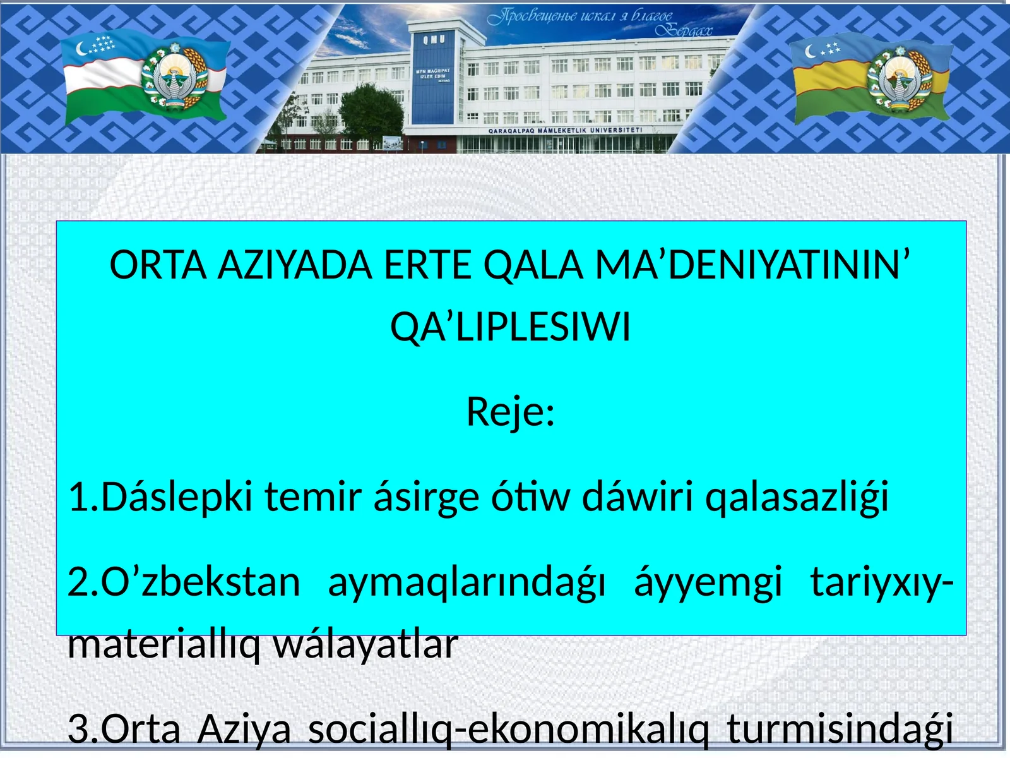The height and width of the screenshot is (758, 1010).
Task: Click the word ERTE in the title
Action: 427,265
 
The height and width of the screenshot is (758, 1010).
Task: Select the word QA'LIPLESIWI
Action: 511,328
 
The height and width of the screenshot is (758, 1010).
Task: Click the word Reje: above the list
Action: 511,412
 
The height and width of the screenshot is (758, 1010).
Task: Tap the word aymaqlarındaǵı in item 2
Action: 466,582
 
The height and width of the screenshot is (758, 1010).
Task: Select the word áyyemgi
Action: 708,582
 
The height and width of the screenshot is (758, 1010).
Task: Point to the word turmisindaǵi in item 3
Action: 840,729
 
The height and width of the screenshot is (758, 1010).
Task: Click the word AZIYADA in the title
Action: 295,265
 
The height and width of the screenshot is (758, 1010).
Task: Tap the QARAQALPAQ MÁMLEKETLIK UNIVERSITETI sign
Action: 565,130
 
